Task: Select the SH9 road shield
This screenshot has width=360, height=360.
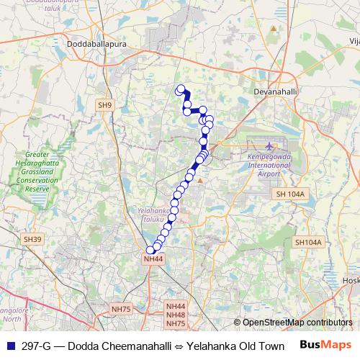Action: [x=105, y=105]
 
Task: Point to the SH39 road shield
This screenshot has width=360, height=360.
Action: [x=32, y=239]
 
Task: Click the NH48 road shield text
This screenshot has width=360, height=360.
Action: [x=176, y=315]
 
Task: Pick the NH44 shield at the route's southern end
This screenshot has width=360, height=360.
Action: [x=153, y=258]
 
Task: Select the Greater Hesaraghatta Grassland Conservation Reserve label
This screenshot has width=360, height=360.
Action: [x=47, y=171]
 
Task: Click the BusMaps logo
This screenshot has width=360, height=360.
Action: [x=325, y=346]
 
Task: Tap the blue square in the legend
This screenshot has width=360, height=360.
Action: [x=10, y=346]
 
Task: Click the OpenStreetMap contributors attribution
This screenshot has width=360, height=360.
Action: [x=297, y=323]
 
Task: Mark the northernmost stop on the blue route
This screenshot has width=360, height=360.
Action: [x=181, y=89]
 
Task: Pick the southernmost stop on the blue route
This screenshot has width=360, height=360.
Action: [x=150, y=251]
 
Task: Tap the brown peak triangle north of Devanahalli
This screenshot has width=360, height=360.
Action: [x=273, y=29]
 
